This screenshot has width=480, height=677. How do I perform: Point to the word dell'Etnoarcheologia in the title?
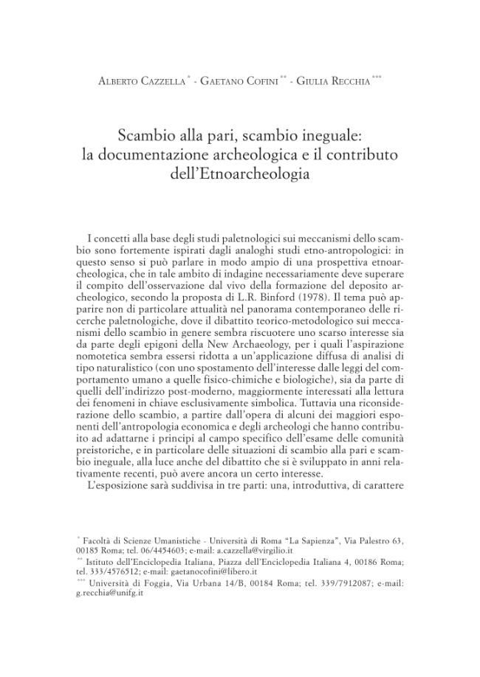[x=239, y=174]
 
